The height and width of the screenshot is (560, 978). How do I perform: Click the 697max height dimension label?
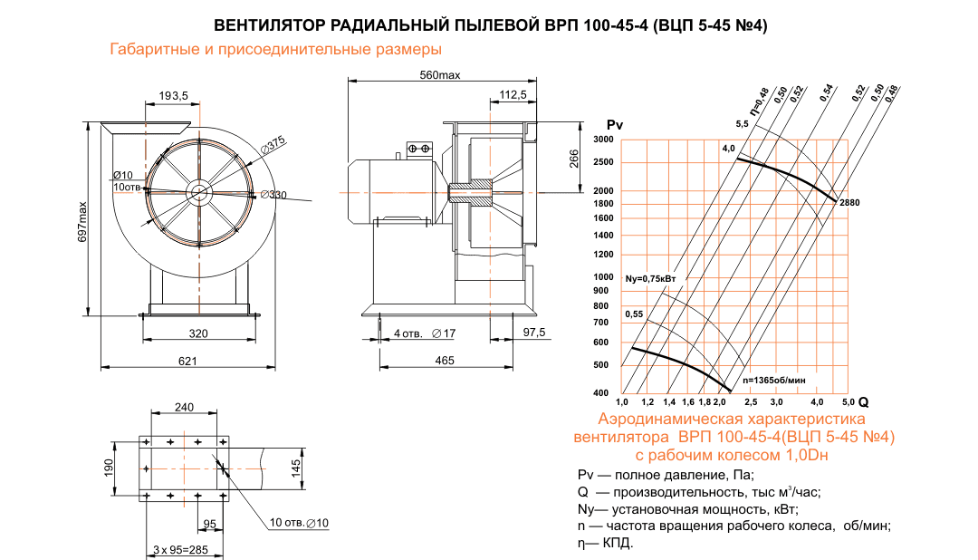(x=82, y=221)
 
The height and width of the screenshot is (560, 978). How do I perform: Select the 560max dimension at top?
(x=440, y=74)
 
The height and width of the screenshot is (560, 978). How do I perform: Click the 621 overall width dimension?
(x=187, y=361)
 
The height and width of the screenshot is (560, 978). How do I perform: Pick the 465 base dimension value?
(x=445, y=361)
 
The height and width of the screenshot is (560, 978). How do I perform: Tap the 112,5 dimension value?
(x=513, y=94)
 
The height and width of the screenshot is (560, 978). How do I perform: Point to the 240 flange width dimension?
(x=184, y=407)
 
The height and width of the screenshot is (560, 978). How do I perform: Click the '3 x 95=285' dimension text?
(x=181, y=549)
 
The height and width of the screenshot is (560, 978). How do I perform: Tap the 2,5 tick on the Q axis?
(x=751, y=401)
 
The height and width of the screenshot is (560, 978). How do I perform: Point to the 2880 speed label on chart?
(x=849, y=201)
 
